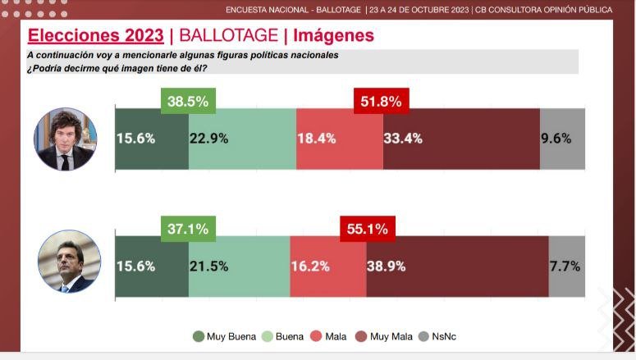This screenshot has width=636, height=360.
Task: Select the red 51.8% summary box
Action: click(381, 102)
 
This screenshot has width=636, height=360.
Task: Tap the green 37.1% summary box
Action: click(188, 230)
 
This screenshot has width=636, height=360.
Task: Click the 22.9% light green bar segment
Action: click(242, 138)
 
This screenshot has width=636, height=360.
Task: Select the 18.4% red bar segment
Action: click(339, 138)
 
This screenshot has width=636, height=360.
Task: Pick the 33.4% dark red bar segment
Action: click(461, 138)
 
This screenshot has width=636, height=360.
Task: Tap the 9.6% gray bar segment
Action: click(563, 138)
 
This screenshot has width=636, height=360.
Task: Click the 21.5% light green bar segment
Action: click(239, 266)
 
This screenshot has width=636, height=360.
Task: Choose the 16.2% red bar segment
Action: click(328, 266)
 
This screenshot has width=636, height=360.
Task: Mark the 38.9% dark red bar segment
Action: click(457, 266)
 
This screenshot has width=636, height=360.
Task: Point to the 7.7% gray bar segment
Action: click(567, 266)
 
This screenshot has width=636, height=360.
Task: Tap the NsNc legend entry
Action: click(440, 336)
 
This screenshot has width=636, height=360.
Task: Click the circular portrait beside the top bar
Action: click(65, 139)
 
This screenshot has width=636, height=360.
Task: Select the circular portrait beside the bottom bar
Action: click(69, 262)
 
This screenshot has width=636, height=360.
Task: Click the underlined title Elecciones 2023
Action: click(95, 35)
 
